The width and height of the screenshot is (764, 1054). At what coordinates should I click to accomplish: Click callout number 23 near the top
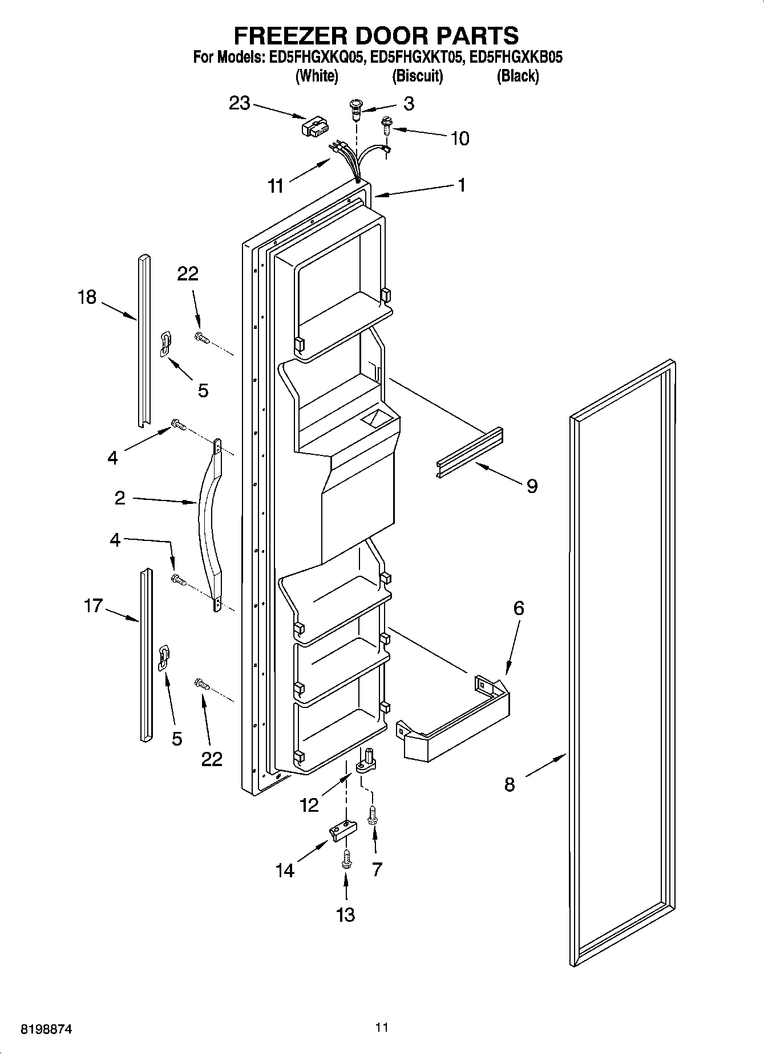240,103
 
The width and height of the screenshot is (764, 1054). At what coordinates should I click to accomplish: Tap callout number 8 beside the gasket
510,784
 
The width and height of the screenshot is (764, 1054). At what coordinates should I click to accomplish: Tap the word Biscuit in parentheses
417,76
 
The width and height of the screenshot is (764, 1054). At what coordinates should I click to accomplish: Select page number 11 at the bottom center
382,1027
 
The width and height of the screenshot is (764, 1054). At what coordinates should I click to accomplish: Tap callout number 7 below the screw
377,869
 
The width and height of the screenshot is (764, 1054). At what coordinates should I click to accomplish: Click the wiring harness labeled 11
348,160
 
